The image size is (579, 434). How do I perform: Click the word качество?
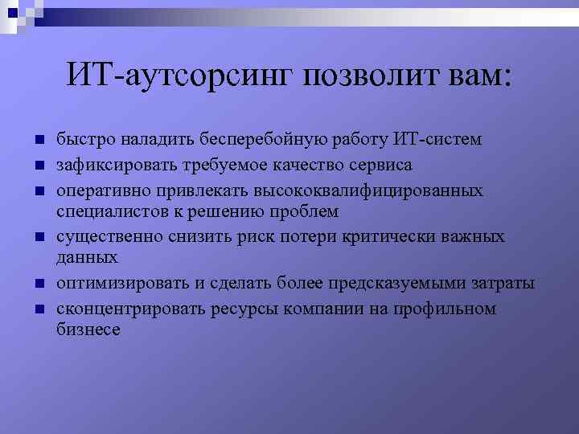tap(310, 166)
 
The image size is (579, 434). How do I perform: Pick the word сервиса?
tap(383, 166)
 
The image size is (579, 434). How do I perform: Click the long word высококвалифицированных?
tap(368, 191)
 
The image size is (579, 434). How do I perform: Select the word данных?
tap(87, 257)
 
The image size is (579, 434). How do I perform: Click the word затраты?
tap(504, 284)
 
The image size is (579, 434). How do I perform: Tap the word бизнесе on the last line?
tap(88, 330)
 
